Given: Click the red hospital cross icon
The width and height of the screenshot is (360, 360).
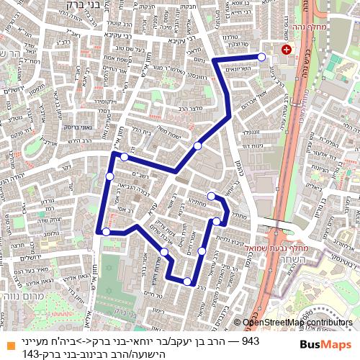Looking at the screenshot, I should pos(287,50).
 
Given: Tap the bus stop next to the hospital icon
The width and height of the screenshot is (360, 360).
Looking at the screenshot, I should pos(261,57).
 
